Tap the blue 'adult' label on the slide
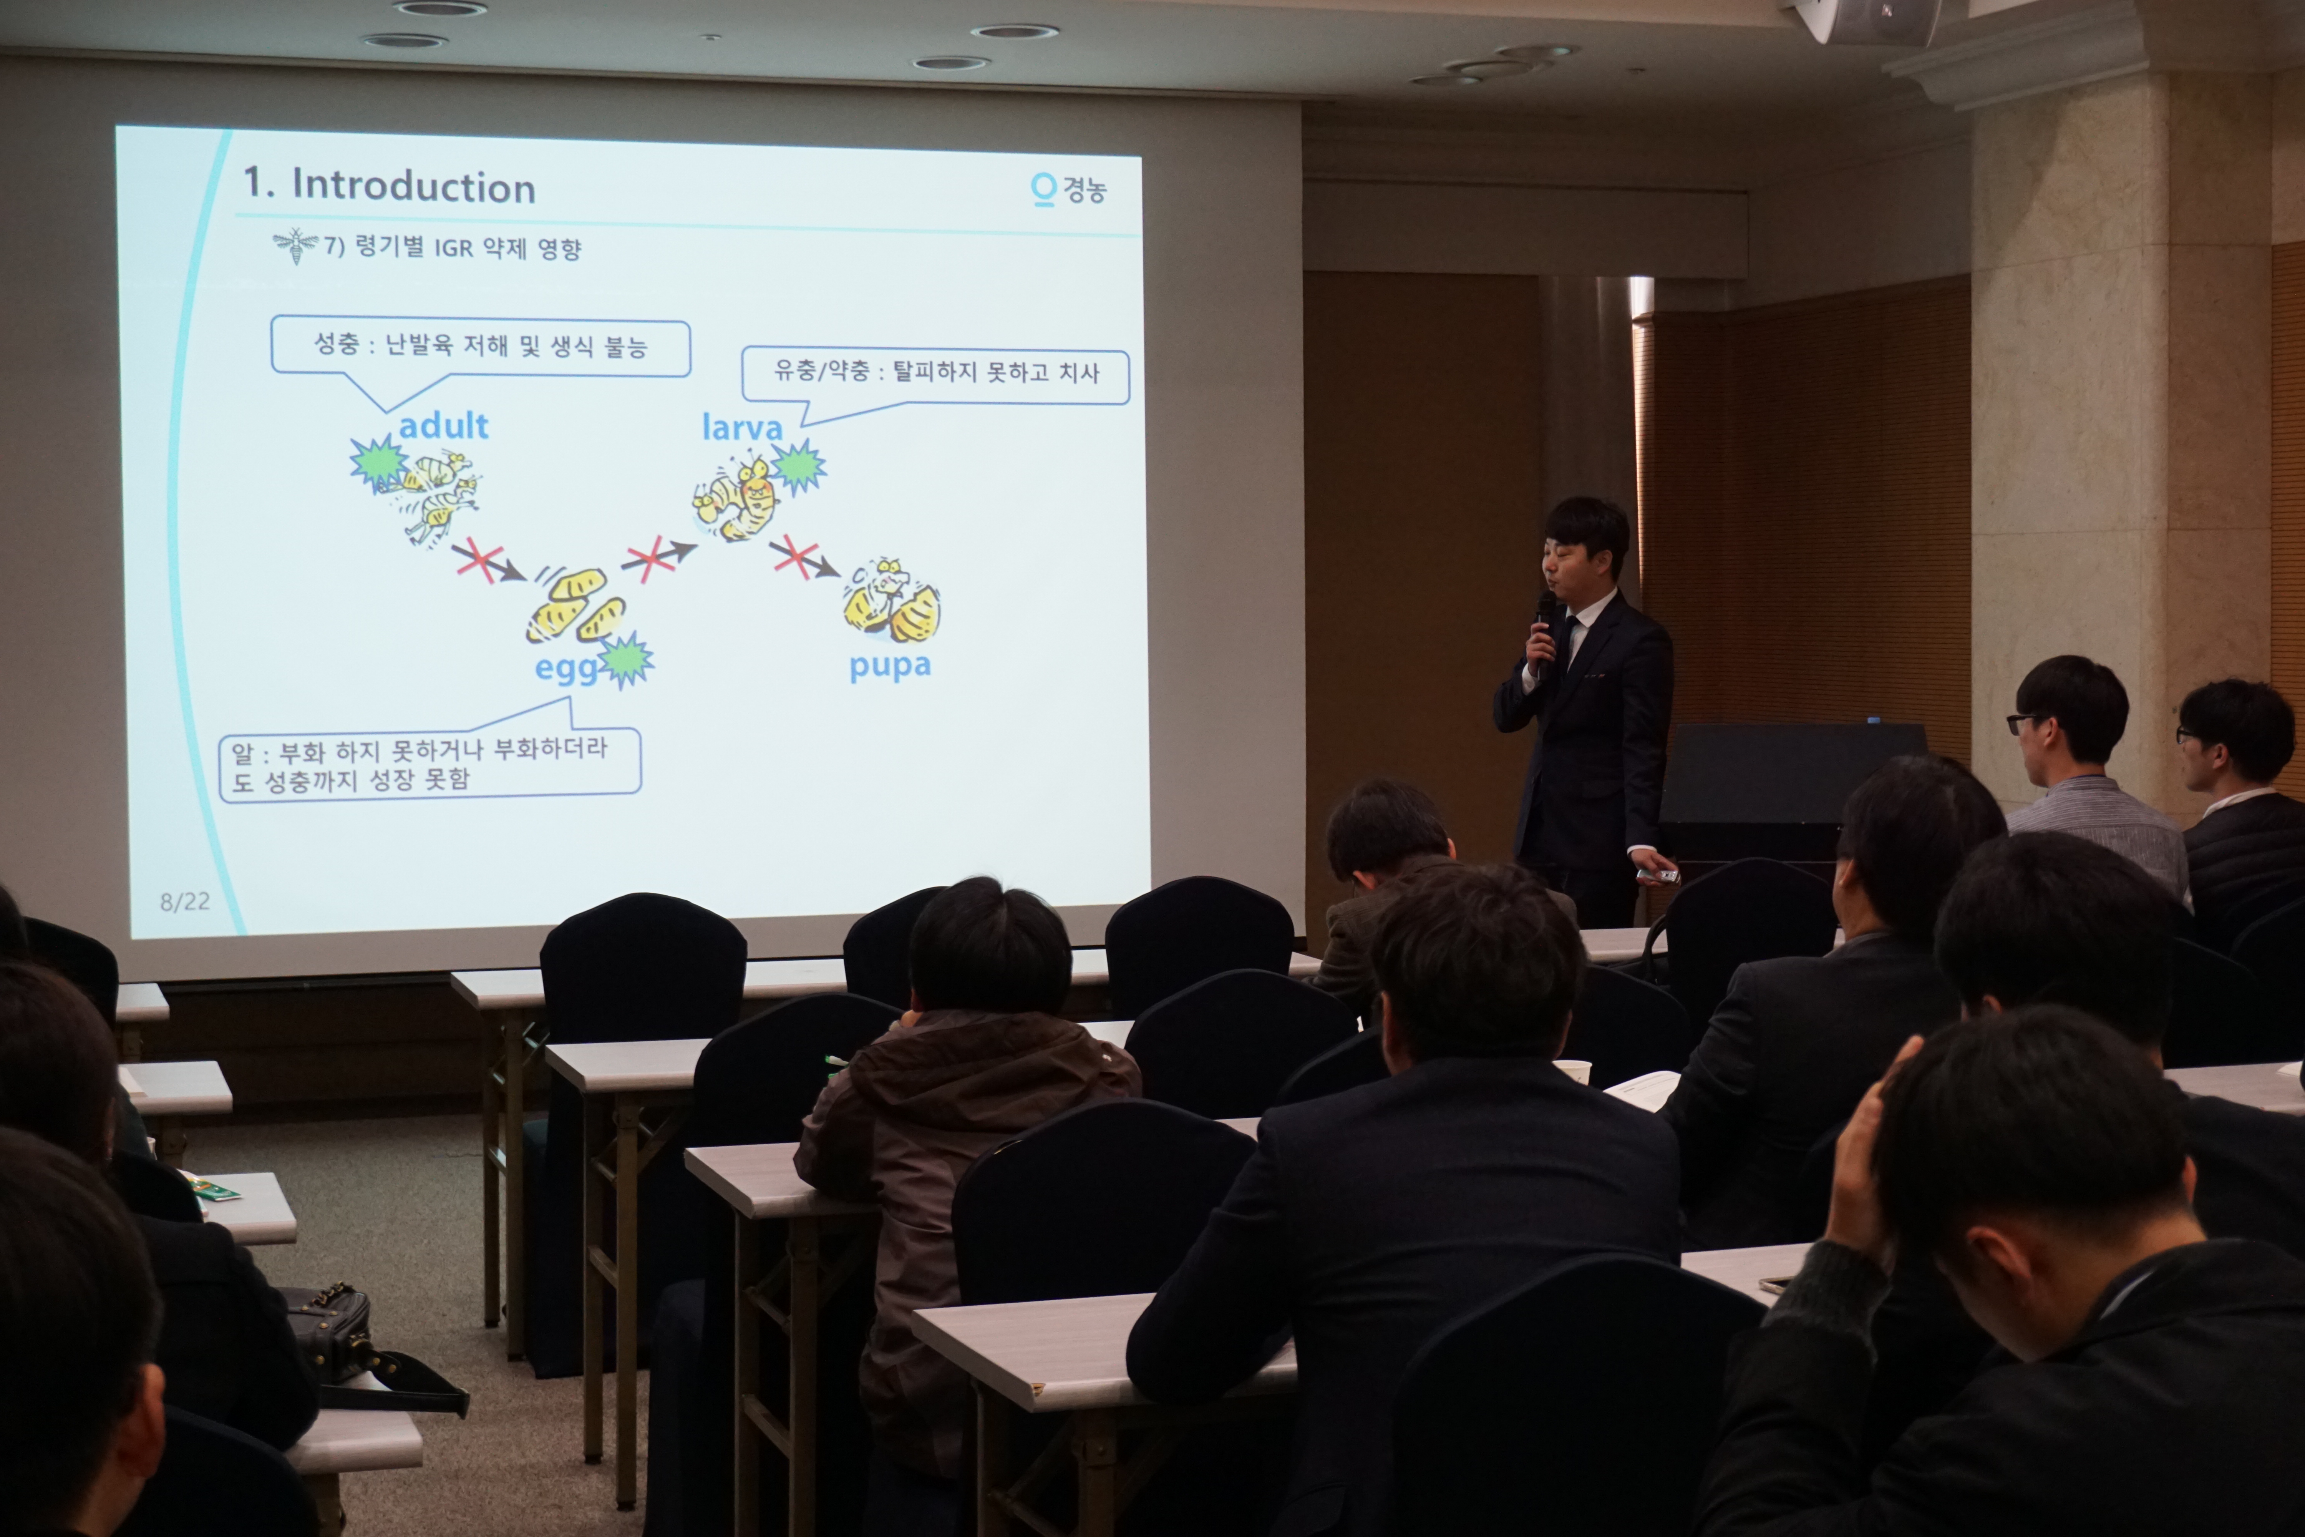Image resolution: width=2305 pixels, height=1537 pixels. pyautogui.click(x=443, y=425)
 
